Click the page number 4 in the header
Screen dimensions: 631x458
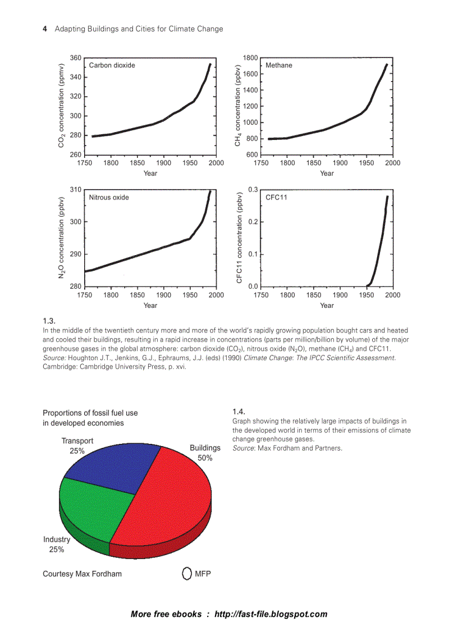pos(45,29)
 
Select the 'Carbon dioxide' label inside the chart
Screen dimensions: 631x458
pos(112,65)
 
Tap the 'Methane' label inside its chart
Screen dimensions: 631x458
pos(279,65)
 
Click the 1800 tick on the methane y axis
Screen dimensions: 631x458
pos(250,58)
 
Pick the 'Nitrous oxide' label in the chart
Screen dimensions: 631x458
pos(109,197)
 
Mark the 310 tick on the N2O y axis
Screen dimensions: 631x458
pos(75,190)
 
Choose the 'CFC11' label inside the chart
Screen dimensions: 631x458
pos(276,197)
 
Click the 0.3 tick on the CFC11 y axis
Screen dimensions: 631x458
pos(253,190)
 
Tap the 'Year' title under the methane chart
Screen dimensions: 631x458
pos(327,173)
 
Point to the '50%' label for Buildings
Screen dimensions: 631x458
pos(205,458)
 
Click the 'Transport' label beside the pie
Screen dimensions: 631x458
pos(77,441)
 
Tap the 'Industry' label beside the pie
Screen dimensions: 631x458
pos(57,539)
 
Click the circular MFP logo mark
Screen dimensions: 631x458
pos(187,574)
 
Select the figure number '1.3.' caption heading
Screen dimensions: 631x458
pos(49,321)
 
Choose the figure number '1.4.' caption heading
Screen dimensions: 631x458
pos(239,411)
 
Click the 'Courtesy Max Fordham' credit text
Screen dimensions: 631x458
pos(82,574)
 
